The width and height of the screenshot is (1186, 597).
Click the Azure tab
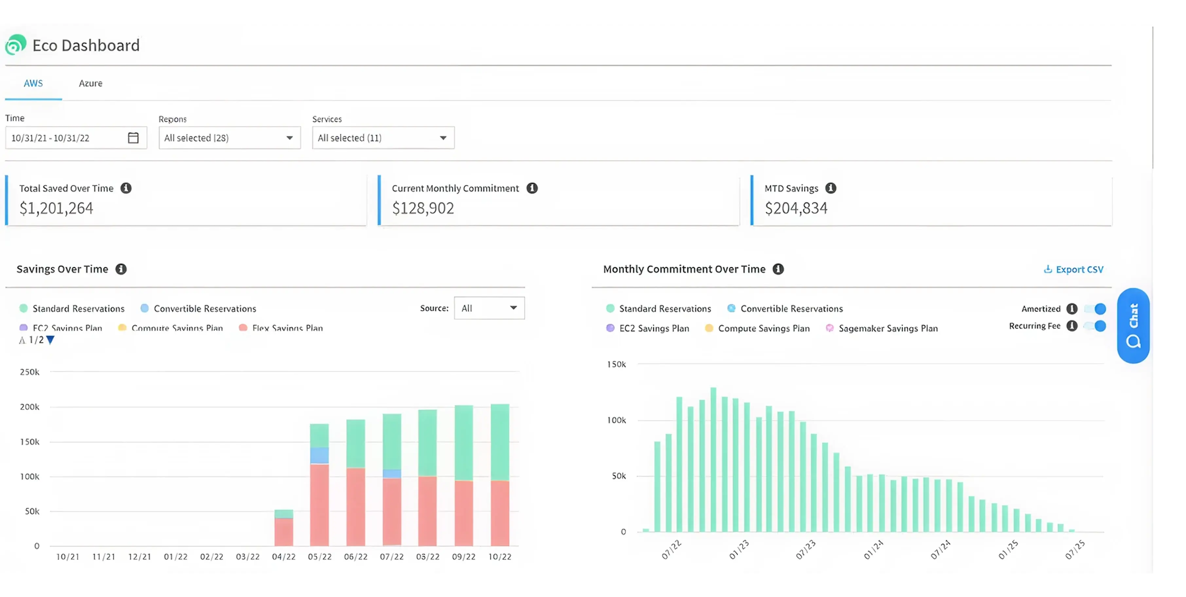pyautogui.click(x=90, y=83)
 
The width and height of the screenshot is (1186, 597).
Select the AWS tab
pyautogui.click(x=33, y=83)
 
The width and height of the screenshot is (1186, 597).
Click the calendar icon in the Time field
pyautogui.click(x=133, y=137)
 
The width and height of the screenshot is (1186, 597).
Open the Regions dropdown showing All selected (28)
pyautogui.click(x=229, y=137)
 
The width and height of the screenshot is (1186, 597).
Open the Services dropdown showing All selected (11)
pyautogui.click(x=383, y=137)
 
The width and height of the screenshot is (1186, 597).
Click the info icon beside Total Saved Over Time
pyautogui.click(x=126, y=188)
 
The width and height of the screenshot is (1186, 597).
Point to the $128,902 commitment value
pyautogui.click(x=422, y=208)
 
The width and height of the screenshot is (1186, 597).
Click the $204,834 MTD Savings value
pyautogui.click(x=796, y=208)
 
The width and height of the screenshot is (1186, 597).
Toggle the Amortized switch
pyautogui.click(x=1095, y=309)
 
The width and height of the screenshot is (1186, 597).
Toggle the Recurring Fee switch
pyautogui.click(x=1095, y=326)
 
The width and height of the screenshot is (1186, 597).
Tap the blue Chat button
pyautogui.click(x=1133, y=325)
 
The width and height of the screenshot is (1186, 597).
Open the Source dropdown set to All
pyautogui.click(x=489, y=308)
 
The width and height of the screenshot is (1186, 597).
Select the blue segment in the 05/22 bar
pyautogui.click(x=319, y=455)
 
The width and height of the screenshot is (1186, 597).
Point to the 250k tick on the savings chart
pyautogui.click(x=29, y=372)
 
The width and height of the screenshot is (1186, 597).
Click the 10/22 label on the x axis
pyautogui.click(x=499, y=556)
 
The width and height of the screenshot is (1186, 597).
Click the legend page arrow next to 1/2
pyautogui.click(x=51, y=340)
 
